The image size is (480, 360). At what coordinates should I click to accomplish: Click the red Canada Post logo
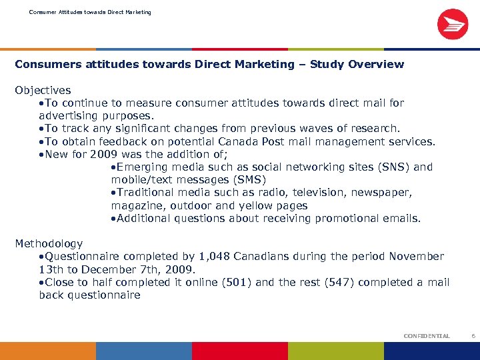click(452, 24)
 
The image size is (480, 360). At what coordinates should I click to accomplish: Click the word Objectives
click(43, 90)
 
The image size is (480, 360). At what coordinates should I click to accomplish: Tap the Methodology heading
click(49, 244)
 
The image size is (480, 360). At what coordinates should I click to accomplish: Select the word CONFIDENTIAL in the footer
click(427, 337)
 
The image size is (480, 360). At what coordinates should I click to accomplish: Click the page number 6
click(473, 337)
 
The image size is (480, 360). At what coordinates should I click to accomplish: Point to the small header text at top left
click(90, 12)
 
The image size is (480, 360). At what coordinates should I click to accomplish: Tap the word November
click(417, 257)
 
